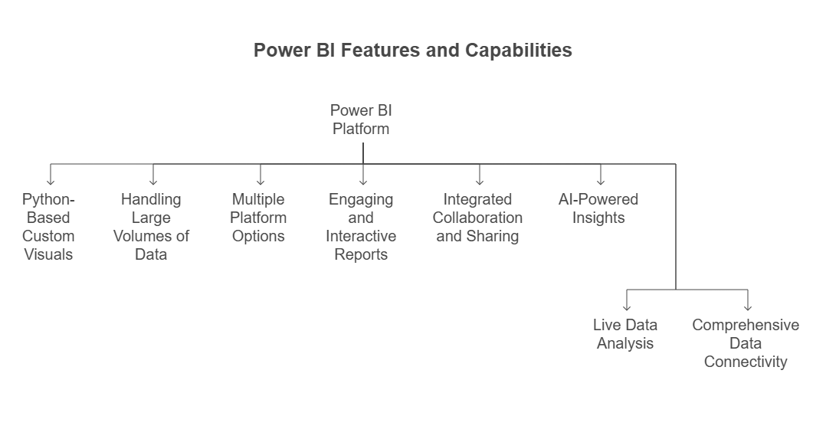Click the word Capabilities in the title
tap(518, 51)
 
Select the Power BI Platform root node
tap(361, 120)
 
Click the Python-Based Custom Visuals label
tap(48, 227)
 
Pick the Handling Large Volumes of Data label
tap(151, 227)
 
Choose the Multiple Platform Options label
tap(259, 218)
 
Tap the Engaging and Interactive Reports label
tap(361, 227)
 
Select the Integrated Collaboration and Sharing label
tap(478, 218)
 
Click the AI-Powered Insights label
tap(598, 208)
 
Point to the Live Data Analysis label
tap(625, 334)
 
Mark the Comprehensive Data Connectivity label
tap(746, 343)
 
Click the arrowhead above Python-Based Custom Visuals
tap(51, 182)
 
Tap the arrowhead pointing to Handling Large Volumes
tap(153, 182)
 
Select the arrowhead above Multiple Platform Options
tap(261, 182)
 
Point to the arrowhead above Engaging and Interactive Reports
tap(363, 182)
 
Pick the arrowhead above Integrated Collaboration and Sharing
tap(480, 182)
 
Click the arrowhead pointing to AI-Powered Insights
tap(601, 182)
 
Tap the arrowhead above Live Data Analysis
tap(627, 307)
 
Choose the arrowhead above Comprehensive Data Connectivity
tap(748, 307)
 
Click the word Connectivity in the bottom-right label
tap(746, 362)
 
